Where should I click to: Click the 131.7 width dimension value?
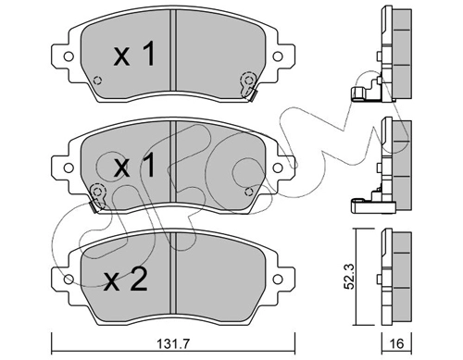pos(172,343)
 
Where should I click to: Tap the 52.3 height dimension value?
pos(349,277)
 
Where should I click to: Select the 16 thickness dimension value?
pos(397,343)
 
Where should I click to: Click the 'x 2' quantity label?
pos(126,280)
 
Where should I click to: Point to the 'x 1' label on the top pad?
pos(134,55)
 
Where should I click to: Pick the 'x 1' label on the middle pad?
pos(134,166)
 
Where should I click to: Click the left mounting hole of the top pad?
pos(69,56)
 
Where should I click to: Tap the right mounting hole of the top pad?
pos(278,56)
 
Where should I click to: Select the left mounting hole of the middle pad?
pos(69,168)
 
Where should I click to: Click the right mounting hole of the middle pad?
pos(278,168)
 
